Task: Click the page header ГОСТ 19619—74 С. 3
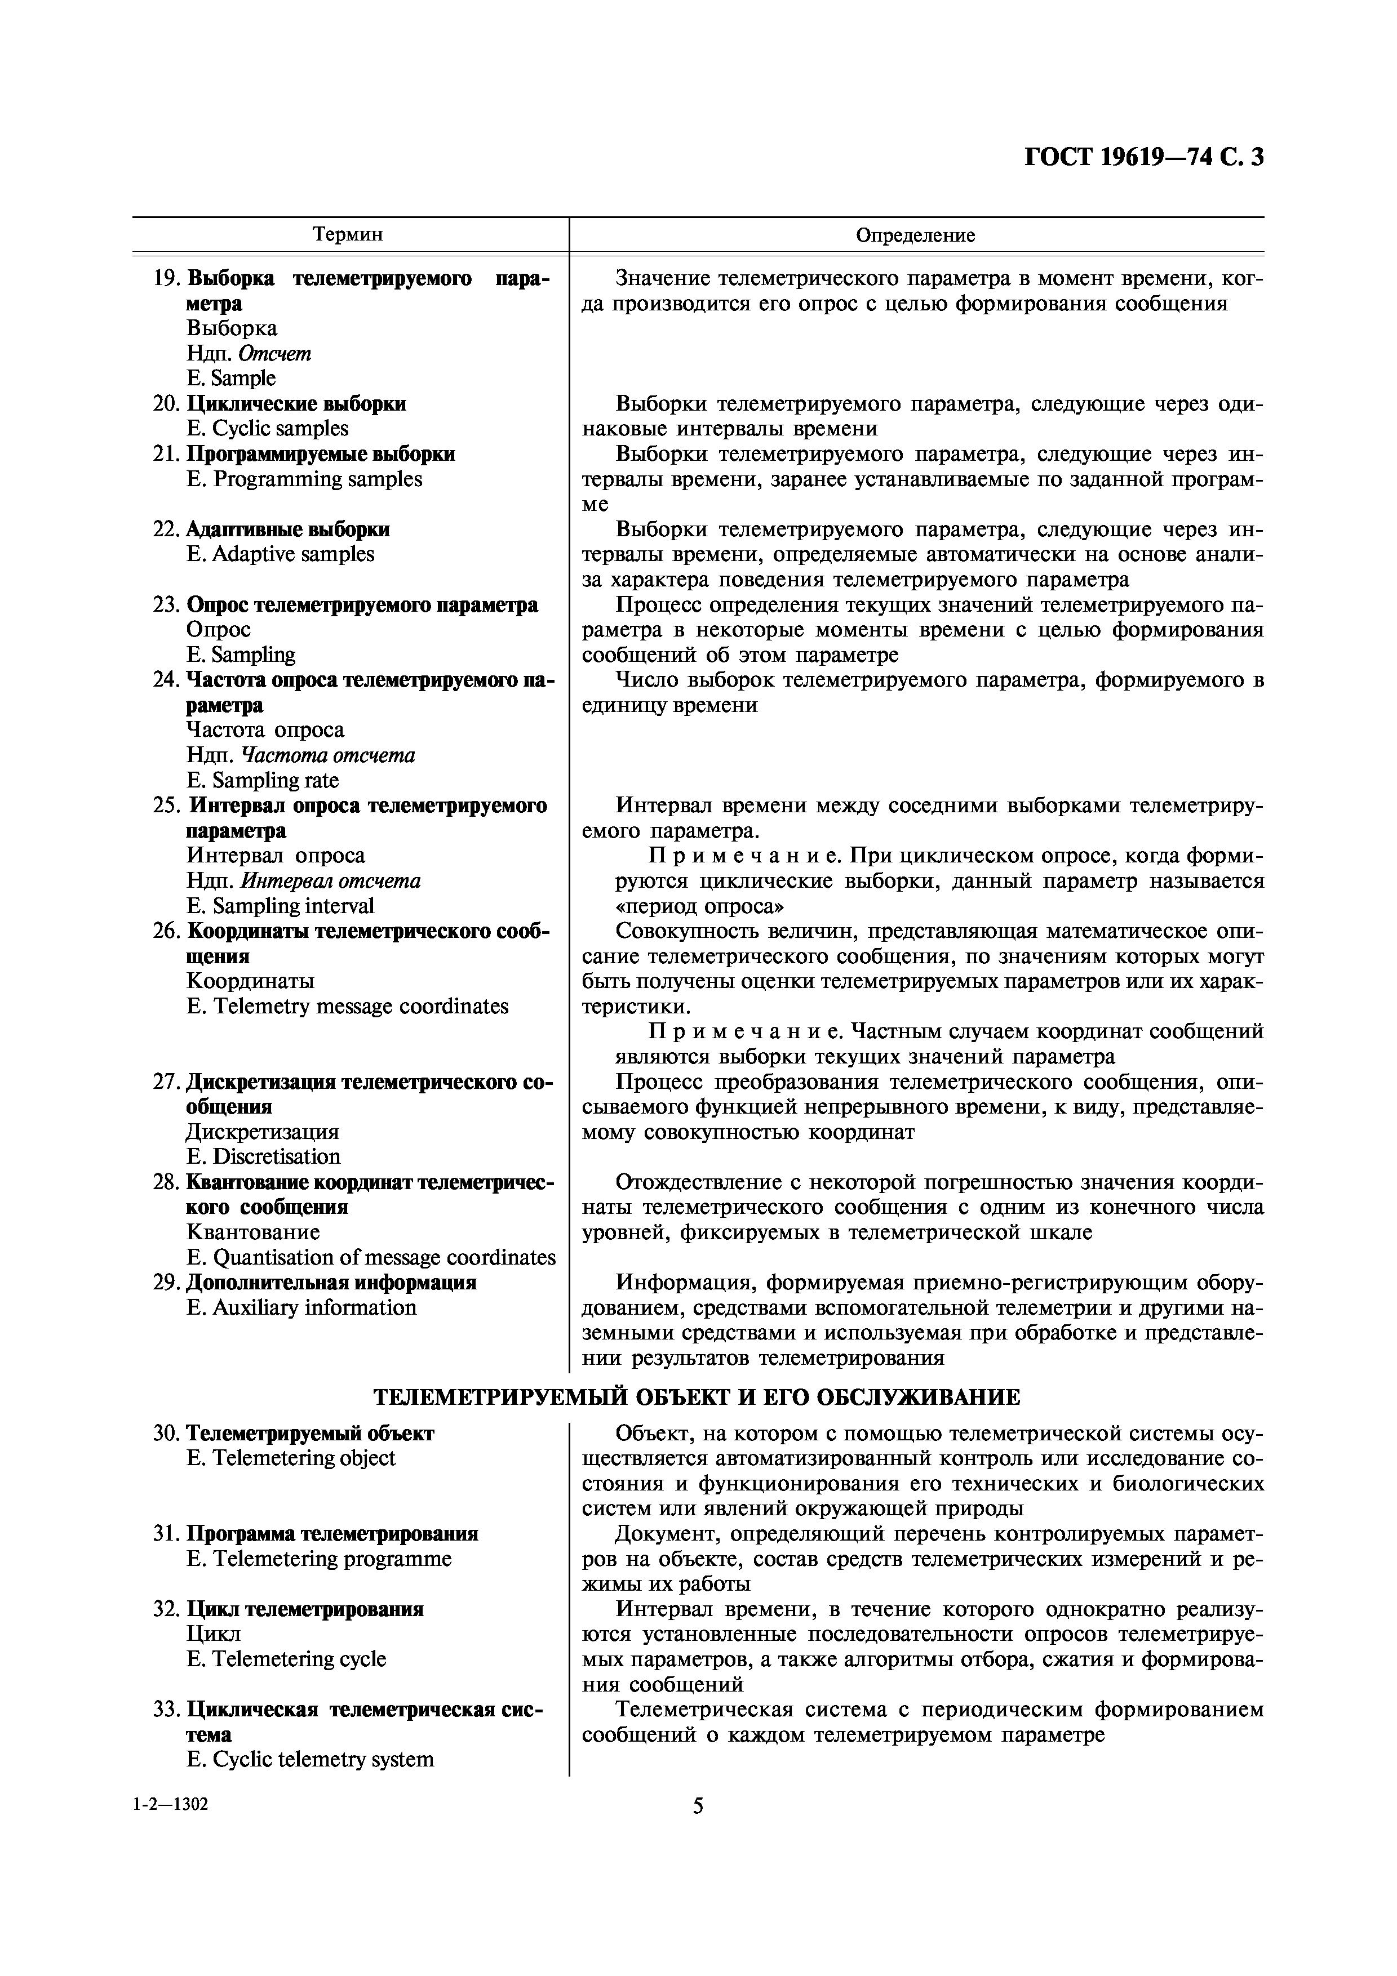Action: point(1144,158)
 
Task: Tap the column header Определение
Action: point(915,235)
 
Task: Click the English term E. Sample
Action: point(230,379)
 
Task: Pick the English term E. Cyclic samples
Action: point(267,429)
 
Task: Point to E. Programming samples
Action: point(304,479)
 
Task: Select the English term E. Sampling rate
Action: point(263,781)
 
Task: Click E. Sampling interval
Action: point(280,906)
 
